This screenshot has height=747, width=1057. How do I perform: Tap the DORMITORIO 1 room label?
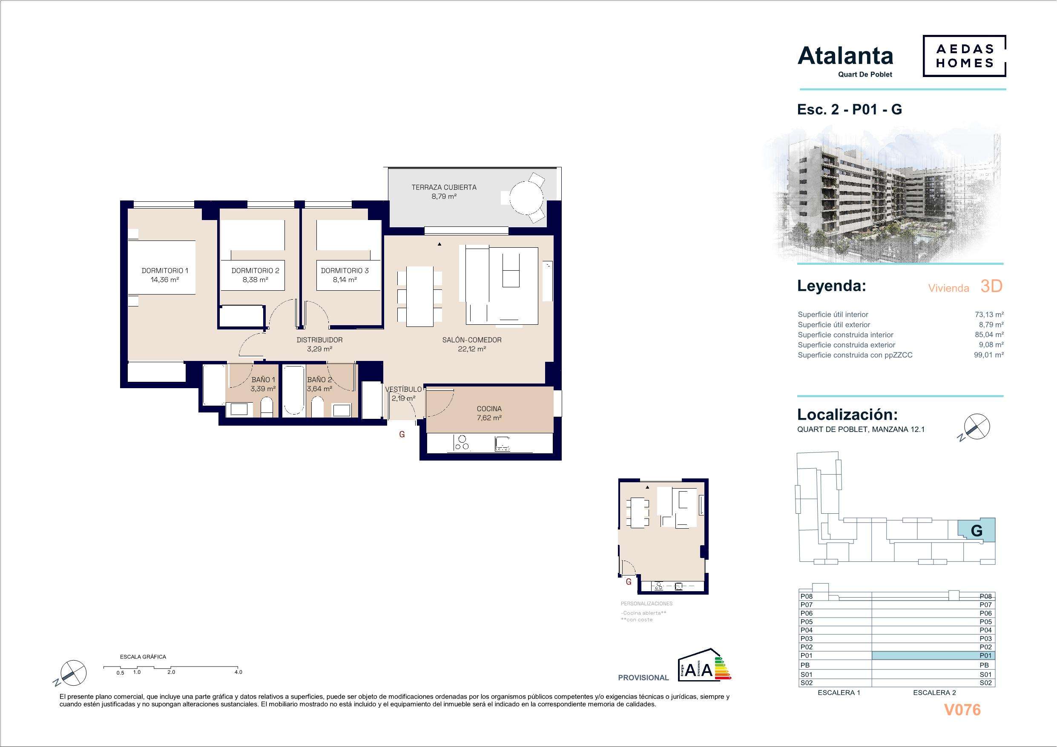point(164,271)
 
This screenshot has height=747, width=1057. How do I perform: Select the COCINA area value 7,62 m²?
point(489,418)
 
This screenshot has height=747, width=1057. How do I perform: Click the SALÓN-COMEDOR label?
point(471,340)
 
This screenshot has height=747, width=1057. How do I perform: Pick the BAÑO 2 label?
point(319,380)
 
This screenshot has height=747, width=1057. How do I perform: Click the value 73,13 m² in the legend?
point(989,315)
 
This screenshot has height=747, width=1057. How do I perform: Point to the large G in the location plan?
point(977,531)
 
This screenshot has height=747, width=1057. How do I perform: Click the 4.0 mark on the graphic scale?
point(238,672)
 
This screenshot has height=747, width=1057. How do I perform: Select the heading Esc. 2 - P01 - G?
point(849,109)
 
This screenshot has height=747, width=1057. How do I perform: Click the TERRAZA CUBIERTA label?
point(444,187)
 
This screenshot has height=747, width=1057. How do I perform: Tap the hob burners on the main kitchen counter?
point(462,442)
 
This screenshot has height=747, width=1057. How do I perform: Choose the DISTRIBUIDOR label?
point(319,340)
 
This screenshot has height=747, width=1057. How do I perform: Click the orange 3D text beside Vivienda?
point(991,286)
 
